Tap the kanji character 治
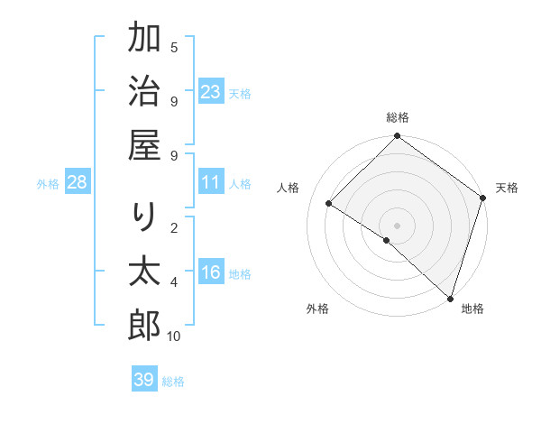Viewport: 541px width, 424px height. tap(144, 92)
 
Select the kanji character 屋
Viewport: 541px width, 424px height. tap(144, 145)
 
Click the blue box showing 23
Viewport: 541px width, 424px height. tap(211, 92)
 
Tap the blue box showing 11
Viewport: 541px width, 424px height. tap(211, 182)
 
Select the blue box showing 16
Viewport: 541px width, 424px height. tap(211, 272)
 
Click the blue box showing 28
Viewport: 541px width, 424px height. tap(78, 182)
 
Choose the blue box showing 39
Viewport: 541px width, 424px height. tap(144, 380)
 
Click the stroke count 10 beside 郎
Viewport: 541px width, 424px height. tap(174, 336)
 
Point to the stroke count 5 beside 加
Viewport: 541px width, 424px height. tap(174, 48)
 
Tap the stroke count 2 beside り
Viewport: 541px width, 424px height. tap(174, 228)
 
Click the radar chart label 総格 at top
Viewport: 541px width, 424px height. tap(398, 117)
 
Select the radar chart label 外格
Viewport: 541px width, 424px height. tap(317, 309)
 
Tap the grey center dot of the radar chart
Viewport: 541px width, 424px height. tap(398, 225)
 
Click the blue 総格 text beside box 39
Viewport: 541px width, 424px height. tap(174, 382)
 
